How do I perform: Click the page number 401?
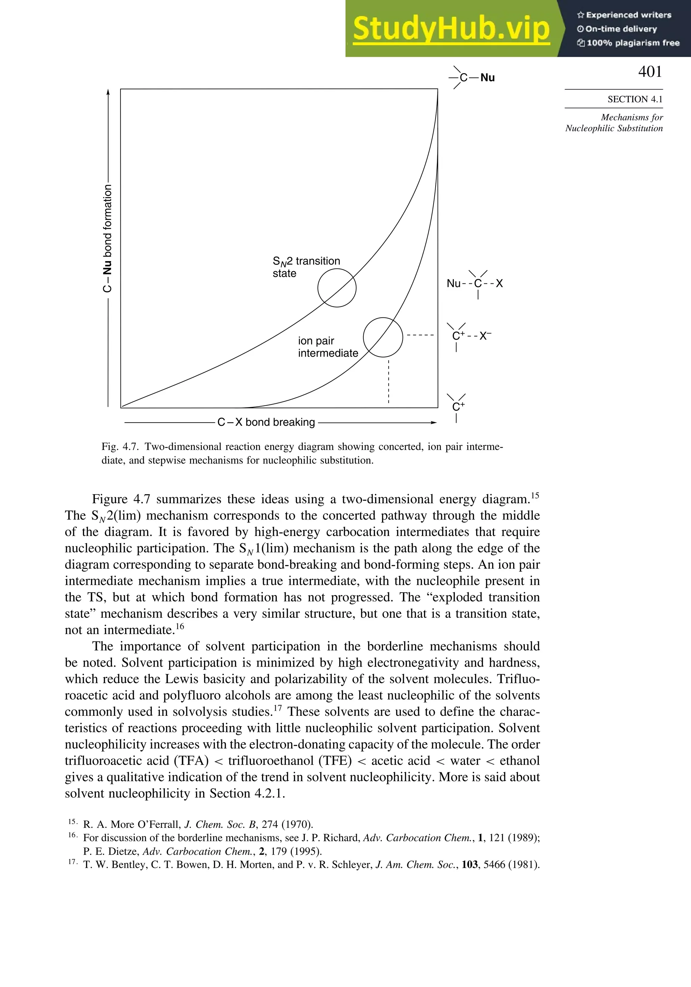point(650,72)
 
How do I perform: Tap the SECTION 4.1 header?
point(635,99)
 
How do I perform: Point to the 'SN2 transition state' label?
point(306,267)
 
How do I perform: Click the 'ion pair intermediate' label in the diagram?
point(328,347)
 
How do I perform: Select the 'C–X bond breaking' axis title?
point(266,422)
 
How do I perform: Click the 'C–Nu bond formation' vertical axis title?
point(108,238)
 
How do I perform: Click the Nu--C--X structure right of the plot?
point(475,283)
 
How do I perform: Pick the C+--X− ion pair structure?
point(470,336)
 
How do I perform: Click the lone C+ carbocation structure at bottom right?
point(458,406)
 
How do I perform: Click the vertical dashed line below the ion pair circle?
point(389,382)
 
